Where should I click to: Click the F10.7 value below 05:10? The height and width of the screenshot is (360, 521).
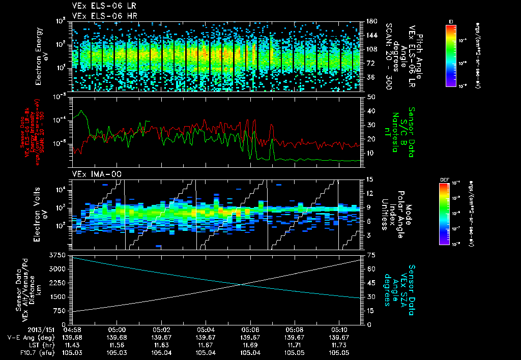pyautogui.click(x=338, y=351)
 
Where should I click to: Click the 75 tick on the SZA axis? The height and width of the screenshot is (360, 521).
pyautogui.click(x=371, y=254)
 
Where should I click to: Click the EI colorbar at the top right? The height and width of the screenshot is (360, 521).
pyautogui.click(x=451, y=54)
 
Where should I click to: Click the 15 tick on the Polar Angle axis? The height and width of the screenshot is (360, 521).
pyautogui.click(x=370, y=179)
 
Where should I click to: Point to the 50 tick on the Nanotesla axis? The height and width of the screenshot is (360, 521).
pyautogui.click(x=371, y=97)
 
